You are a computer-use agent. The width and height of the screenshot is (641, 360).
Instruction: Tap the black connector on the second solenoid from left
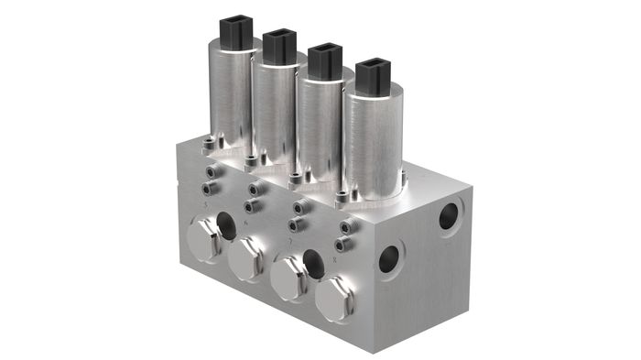(x=279, y=47)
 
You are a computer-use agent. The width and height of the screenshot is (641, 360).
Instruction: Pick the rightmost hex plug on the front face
(x=334, y=297)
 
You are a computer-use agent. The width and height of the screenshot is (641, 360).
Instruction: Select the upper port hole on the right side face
(x=448, y=216)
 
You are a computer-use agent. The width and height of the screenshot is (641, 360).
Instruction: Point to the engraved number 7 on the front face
(x=290, y=242)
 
